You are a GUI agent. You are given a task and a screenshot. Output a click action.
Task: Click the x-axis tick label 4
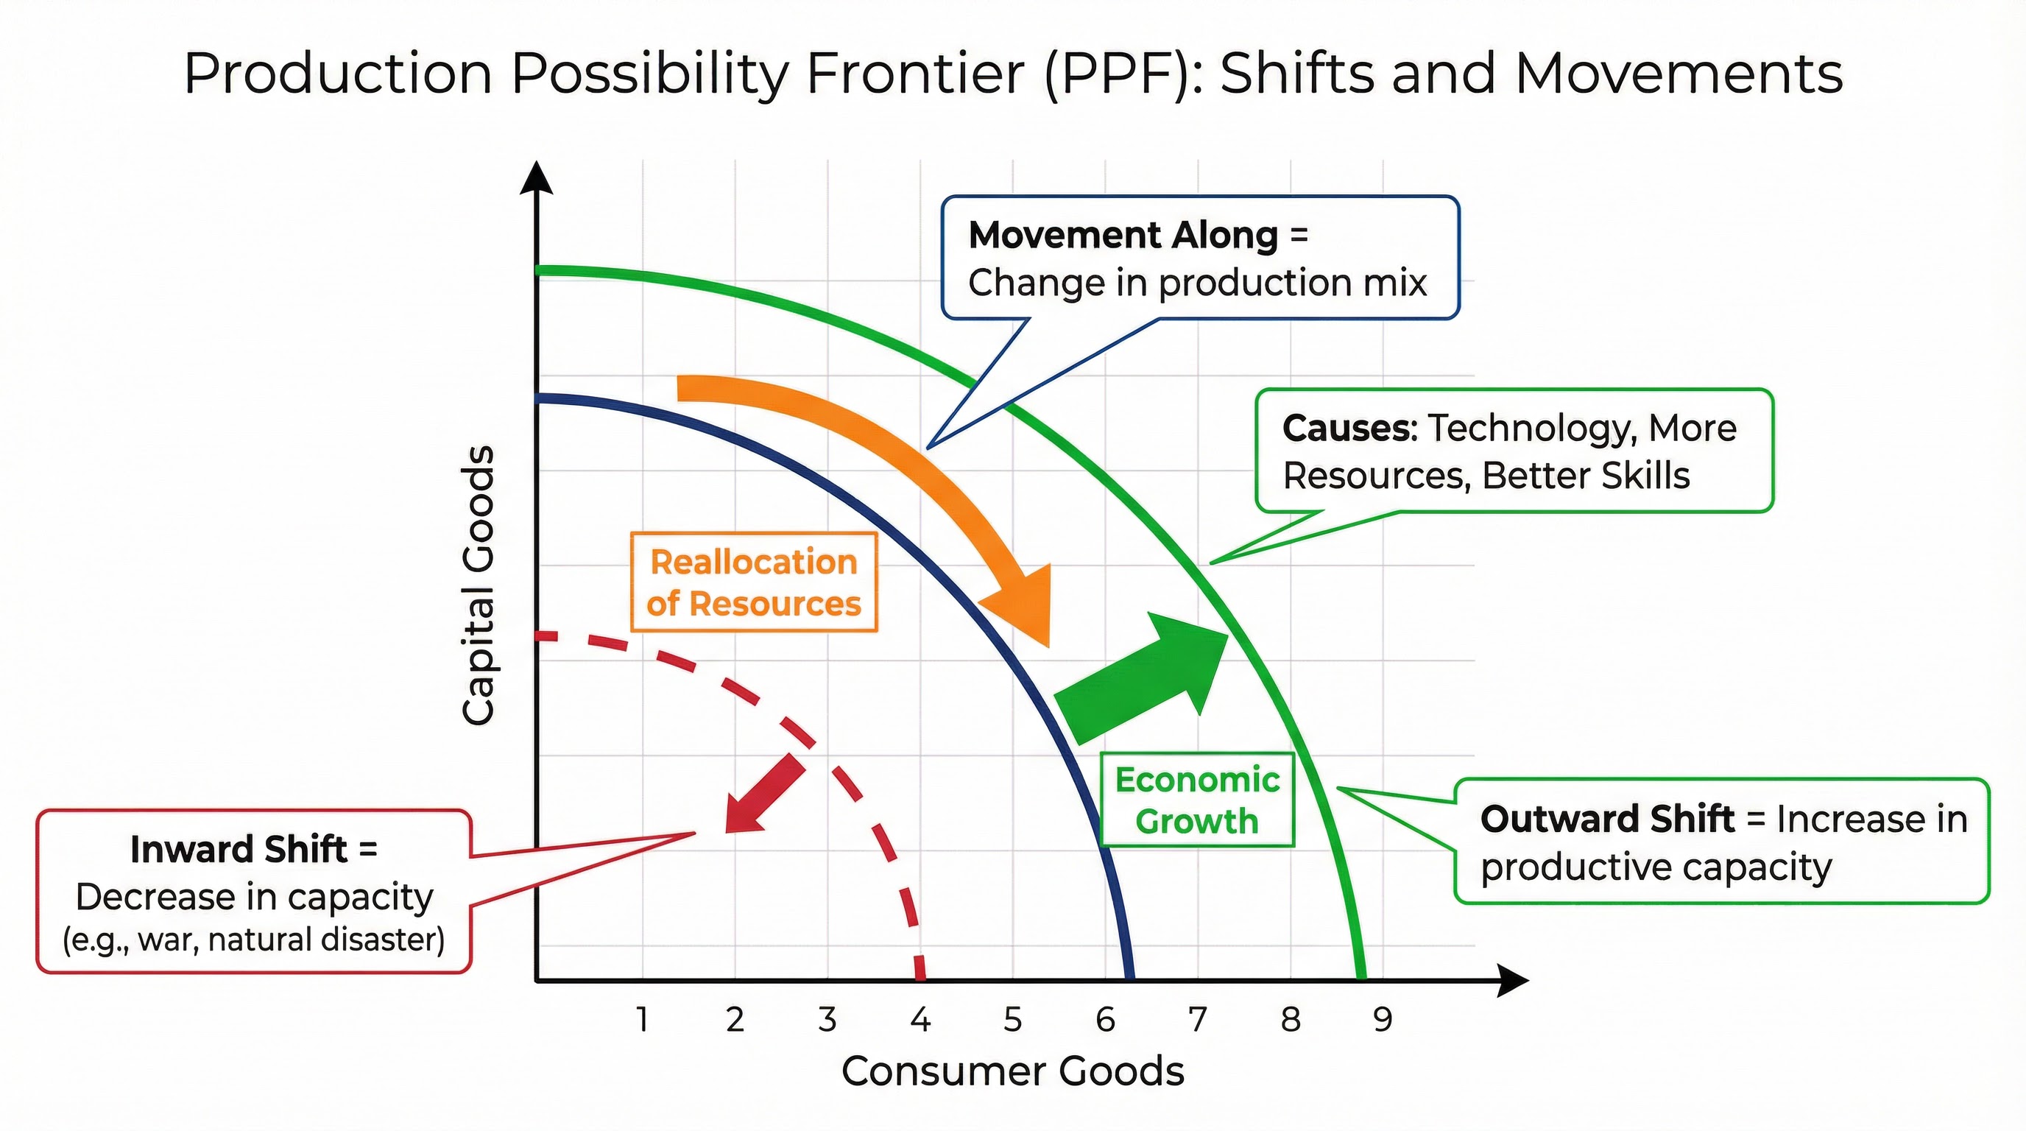[x=920, y=1020]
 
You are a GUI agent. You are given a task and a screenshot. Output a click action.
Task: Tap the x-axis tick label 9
[x=1383, y=1020]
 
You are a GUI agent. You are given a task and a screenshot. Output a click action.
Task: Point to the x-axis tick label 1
[x=643, y=1020]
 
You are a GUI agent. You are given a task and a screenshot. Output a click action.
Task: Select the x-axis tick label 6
[x=1105, y=1020]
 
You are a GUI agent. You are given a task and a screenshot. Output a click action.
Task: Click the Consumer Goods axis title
[x=1012, y=1071]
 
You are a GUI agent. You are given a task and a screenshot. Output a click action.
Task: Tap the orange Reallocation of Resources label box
[x=753, y=582]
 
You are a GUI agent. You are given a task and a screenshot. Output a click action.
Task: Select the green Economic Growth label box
[x=1197, y=800]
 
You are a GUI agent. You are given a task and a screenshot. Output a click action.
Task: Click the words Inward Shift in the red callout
[x=239, y=850]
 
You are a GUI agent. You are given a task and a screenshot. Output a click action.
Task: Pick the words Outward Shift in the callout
[x=1607, y=820]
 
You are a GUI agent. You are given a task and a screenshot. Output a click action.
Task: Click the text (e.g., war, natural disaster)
[x=253, y=940]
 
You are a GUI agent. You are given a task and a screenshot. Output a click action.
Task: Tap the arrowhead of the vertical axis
[x=537, y=177]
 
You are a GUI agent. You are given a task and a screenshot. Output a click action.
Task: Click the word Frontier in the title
[x=914, y=74]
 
